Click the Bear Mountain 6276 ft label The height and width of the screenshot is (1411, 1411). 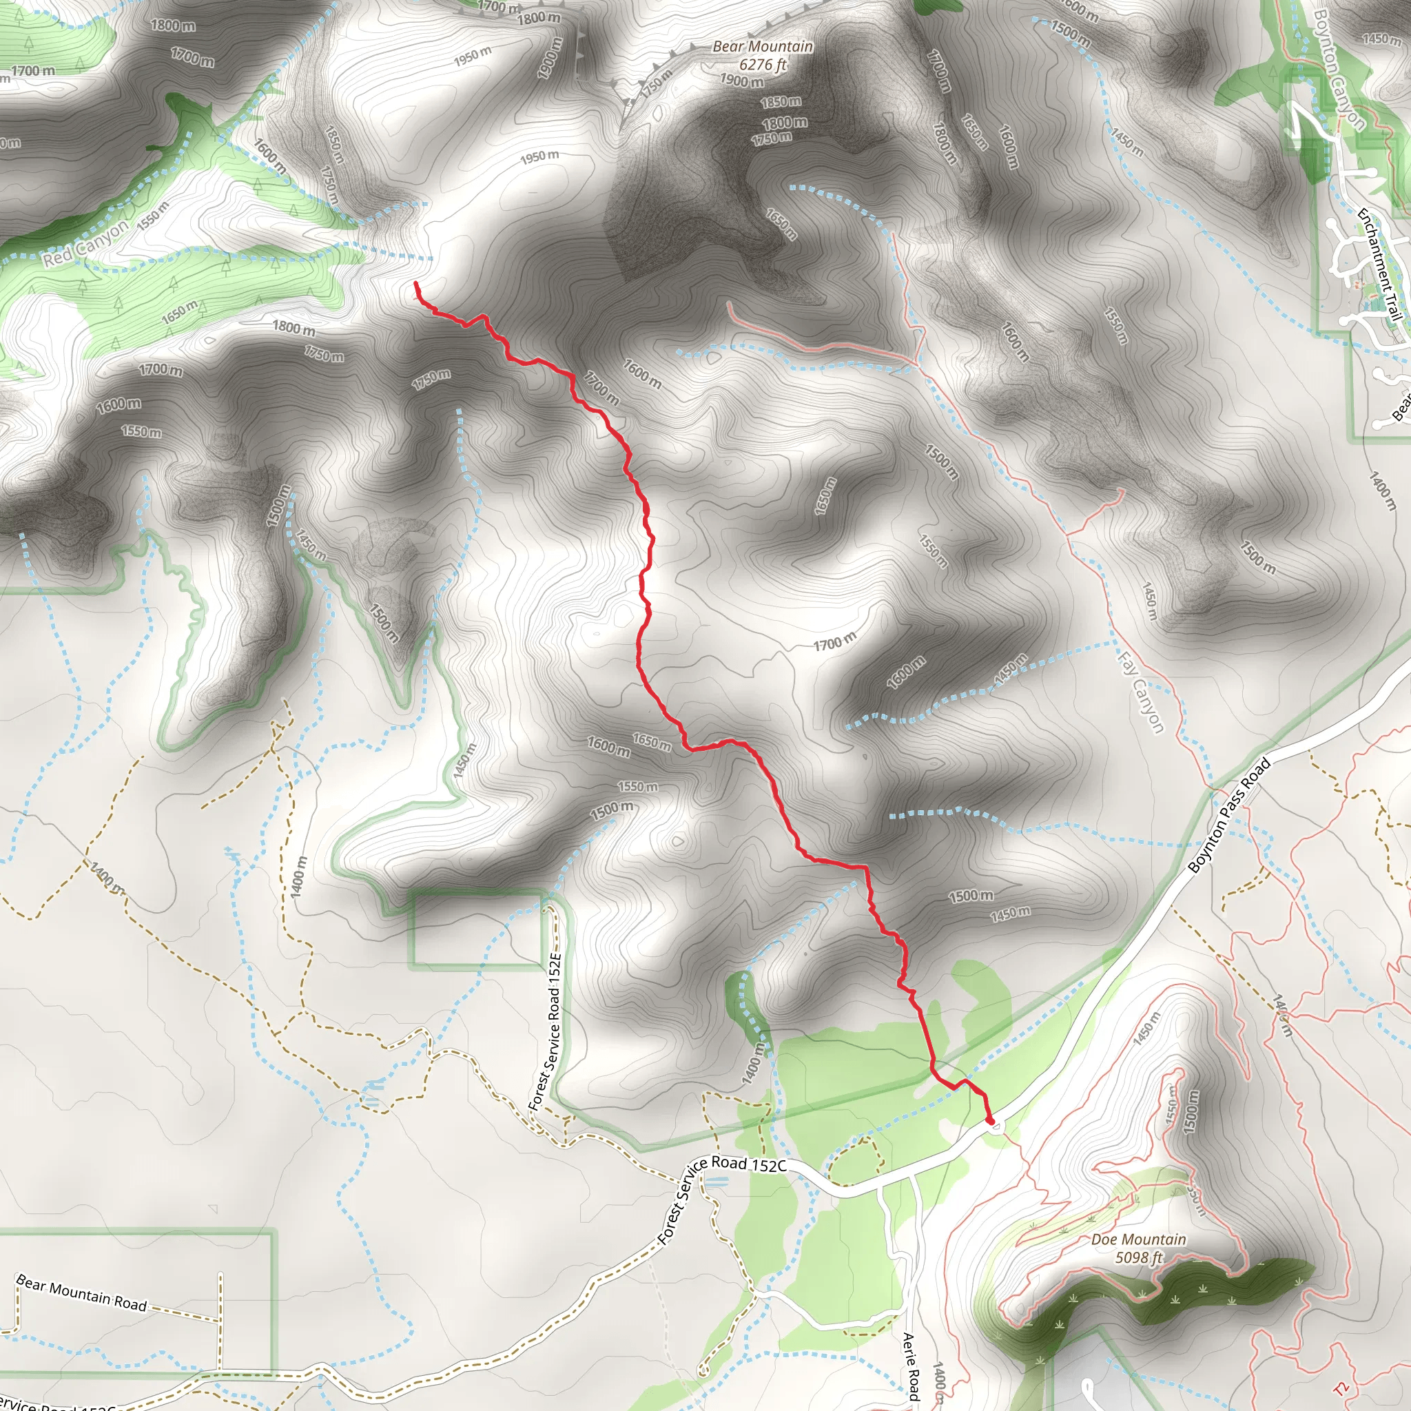tap(763, 56)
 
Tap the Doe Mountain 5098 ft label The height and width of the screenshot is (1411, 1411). tap(1139, 1248)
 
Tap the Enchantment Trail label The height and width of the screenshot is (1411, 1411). tap(1379, 265)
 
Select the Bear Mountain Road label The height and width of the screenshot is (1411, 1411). tap(81, 1292)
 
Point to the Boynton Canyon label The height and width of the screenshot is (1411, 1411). tap(1339, 69)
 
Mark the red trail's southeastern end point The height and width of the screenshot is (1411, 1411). tap(990, 1120)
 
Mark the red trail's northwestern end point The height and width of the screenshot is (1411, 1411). tap(415, 282)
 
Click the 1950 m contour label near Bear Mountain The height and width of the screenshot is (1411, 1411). tap(539, 156)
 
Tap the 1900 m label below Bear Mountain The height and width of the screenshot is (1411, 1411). tap(742, 81)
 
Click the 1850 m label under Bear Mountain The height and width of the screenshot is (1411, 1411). tap(781, 102)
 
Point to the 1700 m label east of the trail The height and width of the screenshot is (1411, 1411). tap(835, 643)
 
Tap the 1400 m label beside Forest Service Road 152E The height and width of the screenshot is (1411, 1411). tap(299, 876)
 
